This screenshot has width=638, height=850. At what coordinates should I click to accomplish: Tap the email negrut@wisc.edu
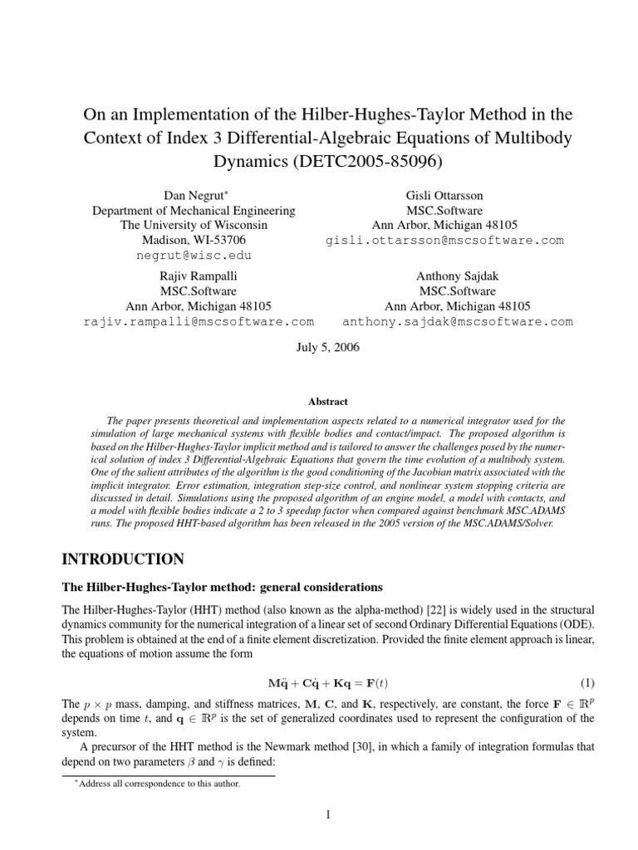(193, 256)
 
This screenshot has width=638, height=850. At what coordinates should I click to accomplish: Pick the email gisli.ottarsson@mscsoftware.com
(444, 241)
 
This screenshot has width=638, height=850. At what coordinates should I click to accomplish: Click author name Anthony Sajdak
(458, 276)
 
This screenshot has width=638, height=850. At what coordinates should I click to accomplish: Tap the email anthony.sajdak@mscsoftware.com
(458, 321)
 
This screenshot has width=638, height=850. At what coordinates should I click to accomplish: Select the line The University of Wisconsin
(193, 225)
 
